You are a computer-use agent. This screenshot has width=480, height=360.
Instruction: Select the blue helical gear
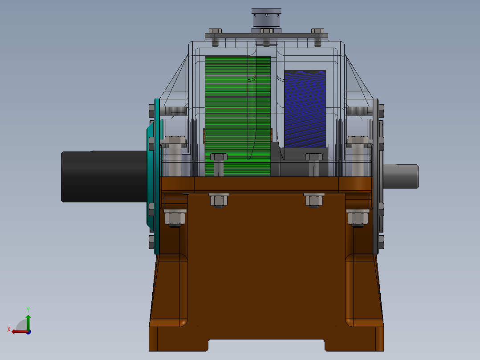click(x=305, y=109)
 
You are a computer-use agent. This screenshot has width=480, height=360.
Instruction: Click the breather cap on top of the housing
click(x=266, y=18)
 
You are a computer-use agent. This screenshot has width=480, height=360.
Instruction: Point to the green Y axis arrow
click(x=28, y=319)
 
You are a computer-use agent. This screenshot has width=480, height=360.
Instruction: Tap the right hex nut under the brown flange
click(x=314, y=200)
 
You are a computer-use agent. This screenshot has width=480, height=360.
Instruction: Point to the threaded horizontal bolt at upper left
click(x=174, y=110)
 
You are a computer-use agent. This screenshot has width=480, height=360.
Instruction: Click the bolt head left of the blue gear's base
click(x=218, y=157)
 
